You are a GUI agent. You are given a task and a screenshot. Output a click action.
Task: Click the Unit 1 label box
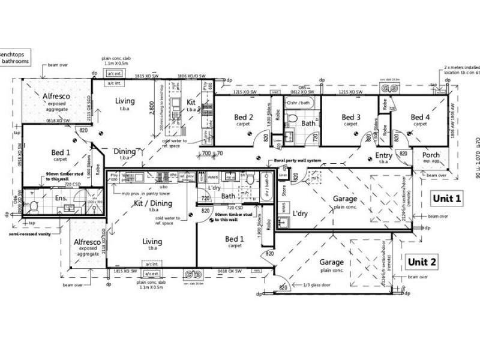(x=446, y=199)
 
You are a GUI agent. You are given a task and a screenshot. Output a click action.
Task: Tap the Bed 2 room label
(x=244, y=117)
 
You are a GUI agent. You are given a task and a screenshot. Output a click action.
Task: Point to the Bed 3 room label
(x=351, y=117)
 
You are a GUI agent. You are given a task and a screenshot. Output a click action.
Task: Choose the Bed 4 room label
(x=419, y=117)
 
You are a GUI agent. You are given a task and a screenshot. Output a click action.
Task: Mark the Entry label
(x=384, y=156)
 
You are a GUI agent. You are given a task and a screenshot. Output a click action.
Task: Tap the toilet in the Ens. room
(x=34, y=208)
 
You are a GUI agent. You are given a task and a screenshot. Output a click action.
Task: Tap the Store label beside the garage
(x=285, y=193)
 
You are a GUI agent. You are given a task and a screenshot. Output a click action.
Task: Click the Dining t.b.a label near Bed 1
(x=127, y=154)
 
